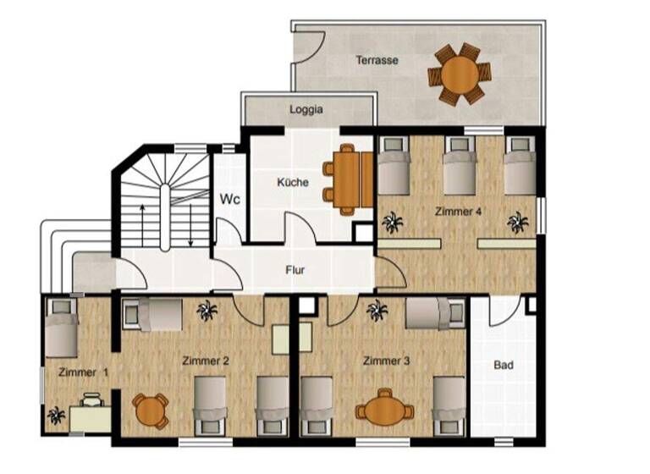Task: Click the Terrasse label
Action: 377,60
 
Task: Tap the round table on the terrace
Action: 458,74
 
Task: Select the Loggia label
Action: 306,109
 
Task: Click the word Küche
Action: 293,182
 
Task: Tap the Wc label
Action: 229,200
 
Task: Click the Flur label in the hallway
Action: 295,271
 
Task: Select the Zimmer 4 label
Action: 459,211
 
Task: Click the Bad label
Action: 504,366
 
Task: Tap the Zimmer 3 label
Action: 386,361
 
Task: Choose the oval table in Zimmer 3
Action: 384,411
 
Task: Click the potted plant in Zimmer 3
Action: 377,312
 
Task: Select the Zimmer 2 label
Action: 206,361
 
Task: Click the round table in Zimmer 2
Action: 151,411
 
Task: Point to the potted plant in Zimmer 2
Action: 206,311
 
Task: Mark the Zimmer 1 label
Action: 83,372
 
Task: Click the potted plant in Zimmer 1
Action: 56,416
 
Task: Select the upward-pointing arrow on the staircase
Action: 142,222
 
